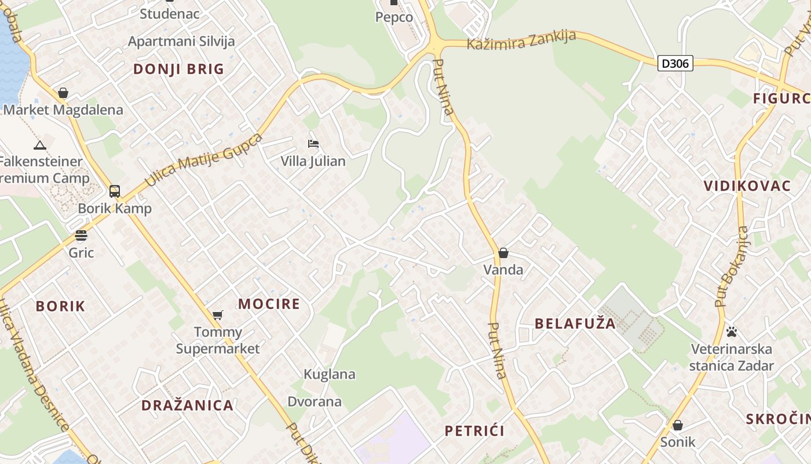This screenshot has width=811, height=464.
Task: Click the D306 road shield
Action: point(675,63)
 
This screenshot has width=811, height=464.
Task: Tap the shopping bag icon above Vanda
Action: point(503,253)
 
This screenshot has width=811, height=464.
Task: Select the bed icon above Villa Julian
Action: point(313,144)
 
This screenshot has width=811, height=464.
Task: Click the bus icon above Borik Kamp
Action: point(115,191)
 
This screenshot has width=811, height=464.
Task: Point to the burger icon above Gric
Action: point(81,235)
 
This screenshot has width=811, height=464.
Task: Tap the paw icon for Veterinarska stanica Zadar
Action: point(732,332)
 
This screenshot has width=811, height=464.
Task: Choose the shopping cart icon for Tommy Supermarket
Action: point(218,315)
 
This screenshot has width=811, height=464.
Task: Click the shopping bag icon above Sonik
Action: point(677,425)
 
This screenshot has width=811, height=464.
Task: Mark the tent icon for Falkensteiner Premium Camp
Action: point(39,145)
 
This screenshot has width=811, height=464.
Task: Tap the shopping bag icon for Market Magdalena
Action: point(63,93)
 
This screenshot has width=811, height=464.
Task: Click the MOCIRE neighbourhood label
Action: point(269,304)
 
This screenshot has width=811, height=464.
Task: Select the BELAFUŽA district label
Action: point(575,324)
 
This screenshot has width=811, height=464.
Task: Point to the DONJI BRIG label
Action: point(178,69)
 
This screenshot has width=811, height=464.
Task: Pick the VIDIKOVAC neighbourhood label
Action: point(747,186)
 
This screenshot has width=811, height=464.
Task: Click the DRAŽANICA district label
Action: point(188,405)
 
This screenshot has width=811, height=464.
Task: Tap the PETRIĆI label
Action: point(474,431)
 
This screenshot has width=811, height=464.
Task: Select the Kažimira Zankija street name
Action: point(521,40)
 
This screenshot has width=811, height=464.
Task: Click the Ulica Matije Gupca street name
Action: point(203,160)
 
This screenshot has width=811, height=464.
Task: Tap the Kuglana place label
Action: point(329,374)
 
